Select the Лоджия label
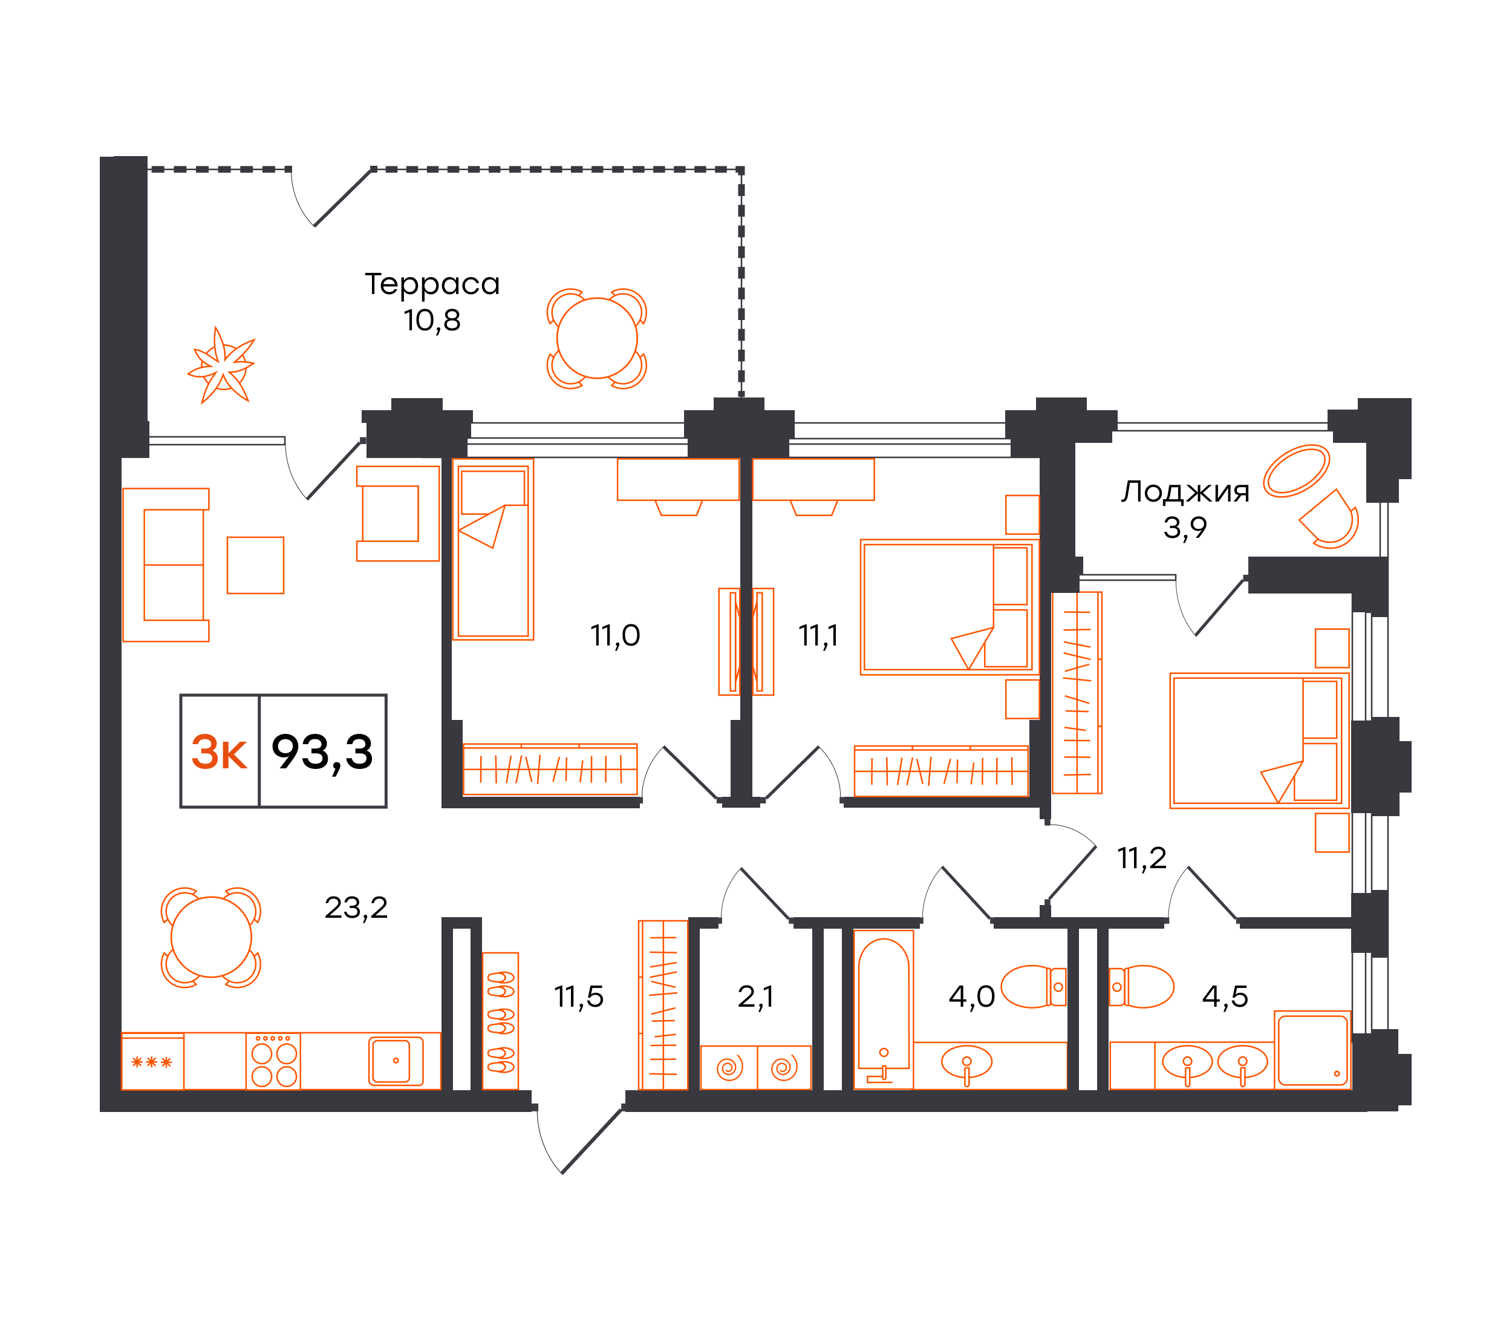tap(1184, 492)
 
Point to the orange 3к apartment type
tap(219, 753)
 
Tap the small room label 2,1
tap(755, 997)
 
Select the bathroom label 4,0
tap(971, 997)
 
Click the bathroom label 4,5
tap(1225, 997)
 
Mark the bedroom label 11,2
tap(1142, 859)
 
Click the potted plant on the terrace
tap(221, 365)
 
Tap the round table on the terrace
tap(597, 338)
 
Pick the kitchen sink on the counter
tap(397, 1061)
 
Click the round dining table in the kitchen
tap(211, 937)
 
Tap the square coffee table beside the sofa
tap(255, 565)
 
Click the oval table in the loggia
tap(1297, 471)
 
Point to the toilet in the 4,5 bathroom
tap(1142, 987)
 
